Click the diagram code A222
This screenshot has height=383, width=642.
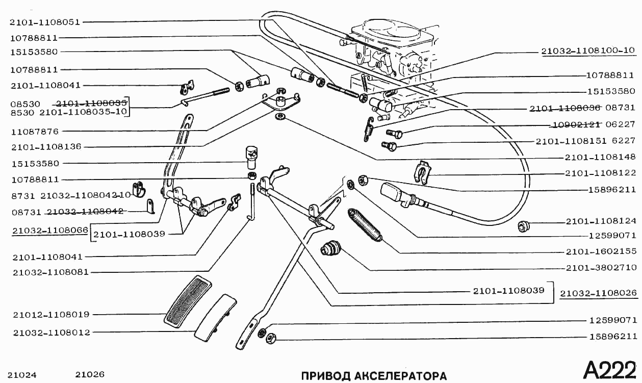pyautogui.click(x=609, y=370)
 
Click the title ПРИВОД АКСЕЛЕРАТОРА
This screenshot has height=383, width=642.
pyautogui.click(x=374, y=376)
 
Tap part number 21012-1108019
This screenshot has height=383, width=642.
pyautogui.click(x=52, y=314)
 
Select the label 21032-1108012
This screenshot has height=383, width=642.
pyautogui.click(x=52, y=333)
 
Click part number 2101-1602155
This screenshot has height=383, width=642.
pyautogui.click(x=601, y=251)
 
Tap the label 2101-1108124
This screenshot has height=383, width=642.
pyautogui.click(x=601, y=221)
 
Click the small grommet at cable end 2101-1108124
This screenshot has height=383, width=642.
pyautogui.click(x=523, y=226)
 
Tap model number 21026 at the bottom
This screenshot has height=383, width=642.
pyautogui.click(x=90, y=374)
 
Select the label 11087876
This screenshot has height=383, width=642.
pyautogui.click(x=34, y=131)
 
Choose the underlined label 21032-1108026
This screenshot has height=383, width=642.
pyautogui.click(x=598, y=294)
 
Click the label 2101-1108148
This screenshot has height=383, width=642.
pyautogui.click(x=601, y=157)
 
